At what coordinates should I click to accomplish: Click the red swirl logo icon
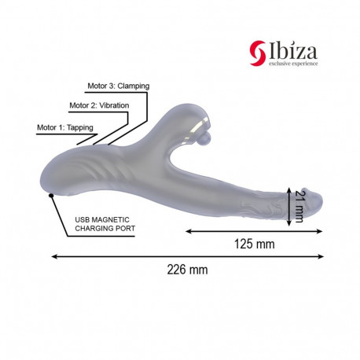click(258, 53)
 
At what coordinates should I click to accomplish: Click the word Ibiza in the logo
click(293, 51)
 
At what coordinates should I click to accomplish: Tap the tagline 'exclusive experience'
click(293, 64)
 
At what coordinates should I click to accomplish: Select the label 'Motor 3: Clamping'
click(119, 86)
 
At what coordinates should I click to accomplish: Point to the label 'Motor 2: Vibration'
click(99, 105)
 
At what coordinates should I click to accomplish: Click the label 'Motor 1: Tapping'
click(65, 127)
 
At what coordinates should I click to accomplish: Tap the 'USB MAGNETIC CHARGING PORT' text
click(105, 224)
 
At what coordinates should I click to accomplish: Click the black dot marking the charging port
click(51, 195)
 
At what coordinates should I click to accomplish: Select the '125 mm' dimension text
click(255, 244)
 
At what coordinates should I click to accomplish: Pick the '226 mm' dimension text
click(187, 270)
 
